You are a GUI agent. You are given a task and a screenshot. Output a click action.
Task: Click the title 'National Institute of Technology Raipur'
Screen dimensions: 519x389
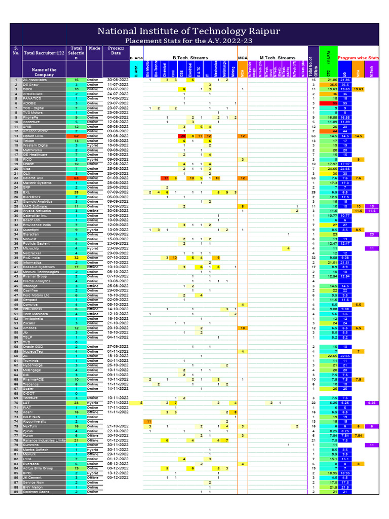[194, 31]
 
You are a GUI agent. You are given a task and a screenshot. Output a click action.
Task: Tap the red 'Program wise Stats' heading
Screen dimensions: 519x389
[358, 58]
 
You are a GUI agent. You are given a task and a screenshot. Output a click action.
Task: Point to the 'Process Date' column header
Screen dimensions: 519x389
[115, 50]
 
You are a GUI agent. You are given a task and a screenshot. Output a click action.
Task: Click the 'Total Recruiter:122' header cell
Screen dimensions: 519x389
[44, 53]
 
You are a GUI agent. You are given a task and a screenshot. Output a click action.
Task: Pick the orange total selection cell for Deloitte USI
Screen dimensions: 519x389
[76, 178]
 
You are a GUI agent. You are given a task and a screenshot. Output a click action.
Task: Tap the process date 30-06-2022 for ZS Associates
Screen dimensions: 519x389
[115, 80]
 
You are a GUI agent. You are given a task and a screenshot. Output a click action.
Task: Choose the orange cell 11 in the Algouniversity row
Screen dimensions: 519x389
[149, 421]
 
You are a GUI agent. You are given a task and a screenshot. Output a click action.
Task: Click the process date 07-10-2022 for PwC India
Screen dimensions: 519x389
[115, 257]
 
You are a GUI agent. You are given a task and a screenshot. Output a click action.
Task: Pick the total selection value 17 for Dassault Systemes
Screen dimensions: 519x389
[76, 267]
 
